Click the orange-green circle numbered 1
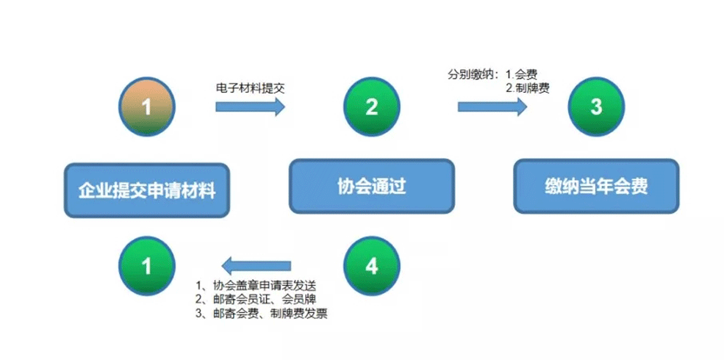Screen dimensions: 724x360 coord(146,107)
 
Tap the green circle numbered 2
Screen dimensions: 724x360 coord(372,107)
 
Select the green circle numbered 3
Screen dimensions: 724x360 coord(596,107)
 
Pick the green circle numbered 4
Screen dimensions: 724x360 coord(372,266)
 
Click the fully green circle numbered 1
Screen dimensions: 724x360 coord(146,266)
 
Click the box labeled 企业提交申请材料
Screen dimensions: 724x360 coord(147,190)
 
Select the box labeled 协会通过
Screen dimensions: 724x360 coord(372,187)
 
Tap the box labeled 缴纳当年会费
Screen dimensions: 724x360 coord(596,187)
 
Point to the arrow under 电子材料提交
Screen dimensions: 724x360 coord(250,107)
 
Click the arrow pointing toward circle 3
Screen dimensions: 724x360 coord(492,107)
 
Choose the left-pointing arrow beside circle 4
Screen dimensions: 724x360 coord(257,266)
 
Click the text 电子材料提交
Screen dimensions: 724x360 coord(250,88)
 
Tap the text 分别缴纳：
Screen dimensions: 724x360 coord(474,75)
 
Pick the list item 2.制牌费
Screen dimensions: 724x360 coord(527,88)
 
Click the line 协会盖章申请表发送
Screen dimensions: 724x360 coord(256,284)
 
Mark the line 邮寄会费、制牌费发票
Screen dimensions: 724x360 coord(262,314)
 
